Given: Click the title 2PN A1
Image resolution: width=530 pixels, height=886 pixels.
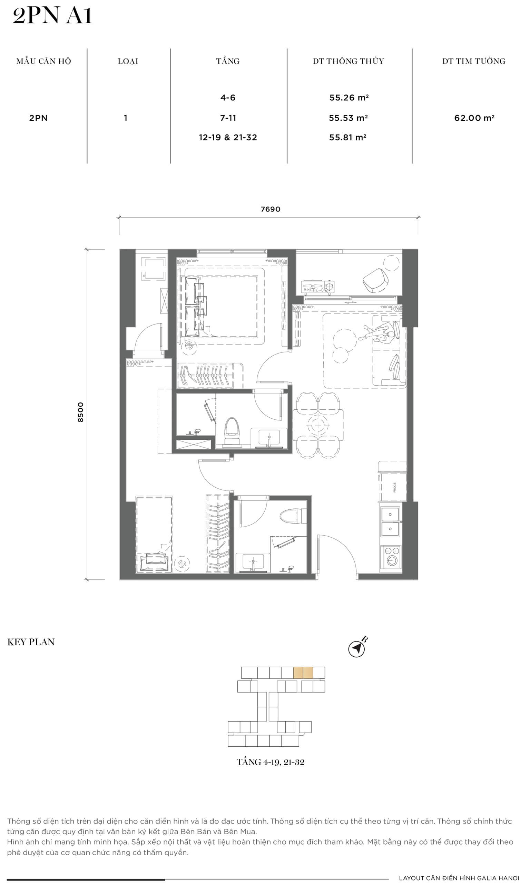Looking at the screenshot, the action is coord(52,16).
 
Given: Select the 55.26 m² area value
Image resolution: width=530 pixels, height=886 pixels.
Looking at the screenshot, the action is coord(349,98).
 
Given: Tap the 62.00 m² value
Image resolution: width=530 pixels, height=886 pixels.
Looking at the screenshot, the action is coord(474,118).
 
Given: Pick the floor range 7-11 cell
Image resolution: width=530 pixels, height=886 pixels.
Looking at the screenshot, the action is coord(228,118).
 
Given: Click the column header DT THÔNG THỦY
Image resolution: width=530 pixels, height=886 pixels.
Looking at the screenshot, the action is coord(348,61).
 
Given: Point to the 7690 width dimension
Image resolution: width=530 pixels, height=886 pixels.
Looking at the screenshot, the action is coord(271,209).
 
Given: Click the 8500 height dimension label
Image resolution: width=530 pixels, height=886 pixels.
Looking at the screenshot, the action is coord(81,412).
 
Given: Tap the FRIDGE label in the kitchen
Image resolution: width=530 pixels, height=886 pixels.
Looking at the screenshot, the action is coord(395,488).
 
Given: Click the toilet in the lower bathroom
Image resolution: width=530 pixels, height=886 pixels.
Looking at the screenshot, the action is coord(293,516).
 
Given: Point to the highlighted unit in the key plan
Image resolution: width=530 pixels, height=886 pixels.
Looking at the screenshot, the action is coord(303,673).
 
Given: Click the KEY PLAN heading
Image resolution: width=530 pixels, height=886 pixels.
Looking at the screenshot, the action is coord(31,642).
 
